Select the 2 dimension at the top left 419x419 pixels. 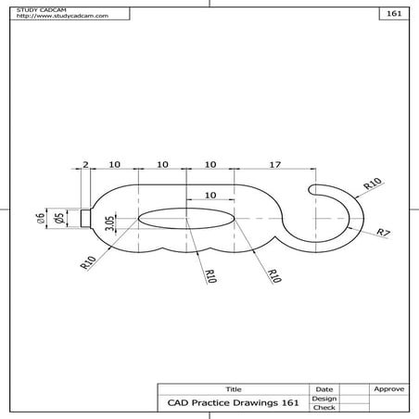click(x=85, y=164)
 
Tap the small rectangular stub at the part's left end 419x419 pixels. click(x=85, y=218)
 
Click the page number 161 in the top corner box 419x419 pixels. click(x=394, y=16)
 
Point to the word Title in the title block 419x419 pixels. click(x=233, y=388)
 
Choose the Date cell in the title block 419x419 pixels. click(x=324, y=388)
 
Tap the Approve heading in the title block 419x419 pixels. click(x=387, y=388)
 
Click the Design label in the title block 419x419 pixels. click(x=324, y=398)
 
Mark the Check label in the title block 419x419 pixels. click(x=324, y=407)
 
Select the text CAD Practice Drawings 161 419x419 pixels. click(x=233, y=402)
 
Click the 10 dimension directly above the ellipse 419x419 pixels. click(x=209, y=196)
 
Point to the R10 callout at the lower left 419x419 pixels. click(x=89, y=261)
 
